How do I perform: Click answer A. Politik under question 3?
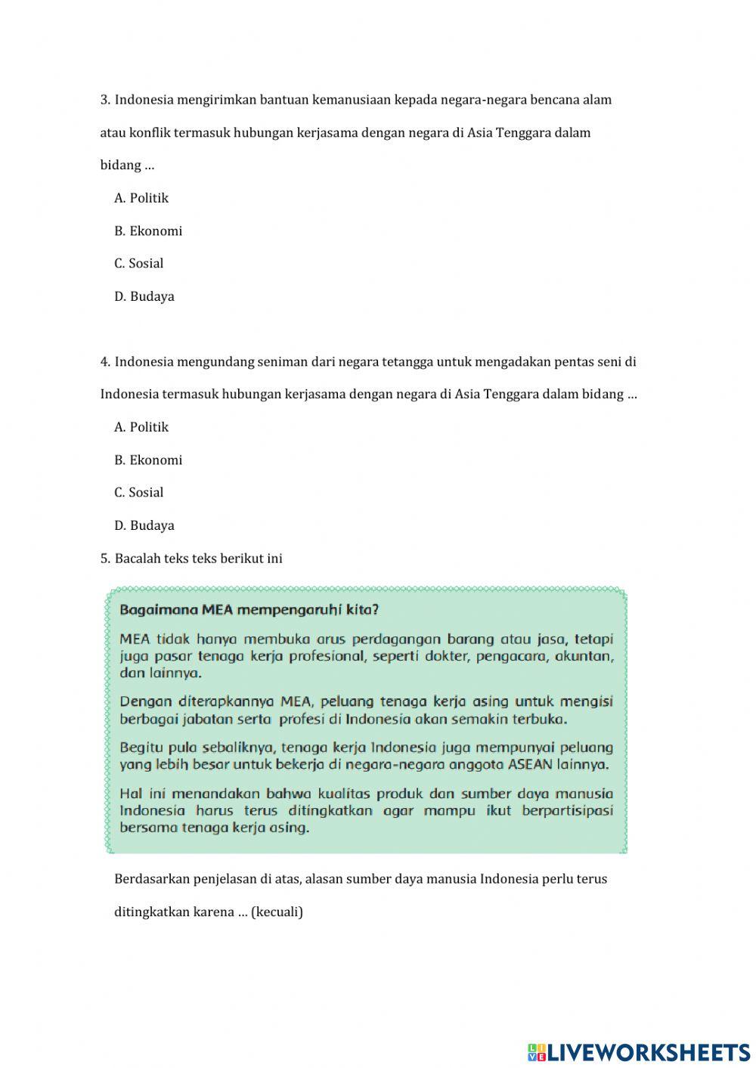point(141,198)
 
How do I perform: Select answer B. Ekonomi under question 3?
point(148,231)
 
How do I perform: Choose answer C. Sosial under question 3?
point(139,264)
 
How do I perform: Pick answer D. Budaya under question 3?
point(144,296)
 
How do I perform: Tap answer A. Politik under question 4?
point(141,427)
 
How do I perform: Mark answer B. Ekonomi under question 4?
point(148,460)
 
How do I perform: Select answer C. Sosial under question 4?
point(139,493)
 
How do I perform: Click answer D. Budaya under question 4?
point(144,525)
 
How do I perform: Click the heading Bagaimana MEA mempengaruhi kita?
point(249,609)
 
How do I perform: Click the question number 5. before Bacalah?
point(105,559)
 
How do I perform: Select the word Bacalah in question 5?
point(136,559)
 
